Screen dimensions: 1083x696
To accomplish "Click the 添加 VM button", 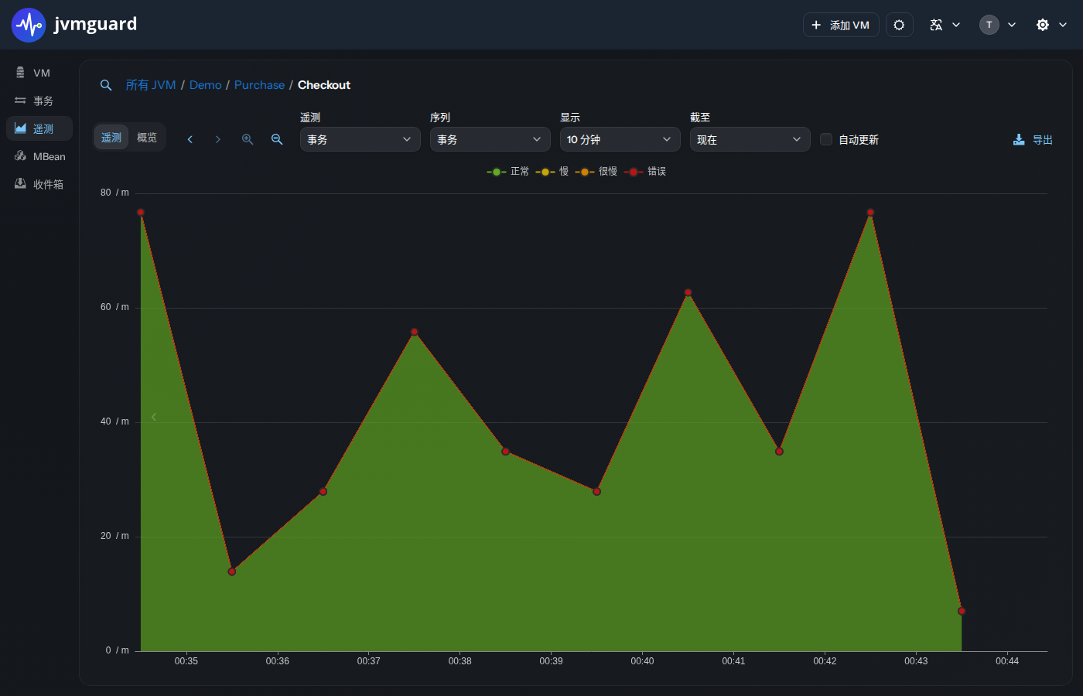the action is pyautogui.click(x=841, y=25).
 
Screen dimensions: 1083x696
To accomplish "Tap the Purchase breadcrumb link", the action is pyautogui.click(x=259, y=85).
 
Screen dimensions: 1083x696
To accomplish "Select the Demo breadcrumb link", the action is pyautogui.click(x=205, y=85).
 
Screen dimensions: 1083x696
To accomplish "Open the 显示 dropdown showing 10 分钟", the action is pyautogui.click(x=620, y=139).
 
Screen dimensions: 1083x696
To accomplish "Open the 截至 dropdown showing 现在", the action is pyautogui.click(x=750, y=139).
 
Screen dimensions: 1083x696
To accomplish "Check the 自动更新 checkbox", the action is pyautogui.click(x=826, y=139).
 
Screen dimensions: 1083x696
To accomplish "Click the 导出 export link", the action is pyautogui.click(x=1033, y=140).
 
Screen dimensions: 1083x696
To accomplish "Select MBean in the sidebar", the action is pyautogui.click(x=39, y=156).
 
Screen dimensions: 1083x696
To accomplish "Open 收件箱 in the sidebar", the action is pyautogui.click(x=39, y=184).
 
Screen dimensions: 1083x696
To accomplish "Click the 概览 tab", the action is pyautogui.click(x=146, y=138).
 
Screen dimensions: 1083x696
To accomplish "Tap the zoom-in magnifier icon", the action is pyautogui.click(x=248, y=139).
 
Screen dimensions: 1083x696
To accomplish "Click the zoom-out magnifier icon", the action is pyautogui.click(x=277, y=139).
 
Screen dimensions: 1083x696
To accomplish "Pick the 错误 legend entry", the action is pyautogui.click(x=645, y=171).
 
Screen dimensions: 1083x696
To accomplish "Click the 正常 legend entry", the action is pyautogui.click(x=507, y=171).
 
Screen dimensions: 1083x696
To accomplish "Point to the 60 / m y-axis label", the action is pyautogui.click(x=114, y=307).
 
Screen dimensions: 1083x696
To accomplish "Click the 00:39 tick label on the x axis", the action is pyautogui.click(x=551, y=660).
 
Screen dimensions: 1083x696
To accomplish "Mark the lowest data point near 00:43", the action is pyautogui.click(x=961, y=611).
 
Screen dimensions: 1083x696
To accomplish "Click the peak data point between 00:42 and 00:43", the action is pyautogui.click(x=870, y=212).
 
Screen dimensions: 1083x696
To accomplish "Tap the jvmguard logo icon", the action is pyautogui.click(x=29, y=25).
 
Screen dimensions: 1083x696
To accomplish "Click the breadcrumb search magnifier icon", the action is pyautogui.click(x=106, y=86).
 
